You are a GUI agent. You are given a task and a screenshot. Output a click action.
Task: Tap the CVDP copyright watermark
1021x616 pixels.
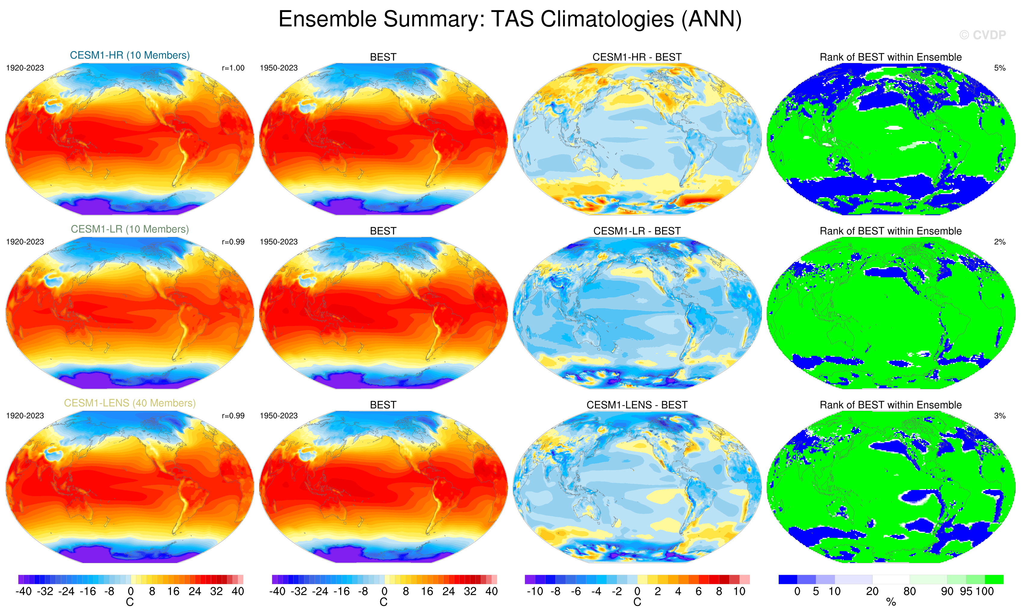coord(983,35)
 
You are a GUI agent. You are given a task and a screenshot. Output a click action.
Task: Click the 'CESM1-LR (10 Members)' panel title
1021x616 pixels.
coord(130,229)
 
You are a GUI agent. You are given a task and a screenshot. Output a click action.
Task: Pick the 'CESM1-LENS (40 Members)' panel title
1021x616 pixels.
coord(130,403)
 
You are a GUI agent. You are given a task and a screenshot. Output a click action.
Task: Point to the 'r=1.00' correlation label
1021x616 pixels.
coord(233,68)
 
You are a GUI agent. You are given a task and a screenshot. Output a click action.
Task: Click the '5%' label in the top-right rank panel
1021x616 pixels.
coord(999,68)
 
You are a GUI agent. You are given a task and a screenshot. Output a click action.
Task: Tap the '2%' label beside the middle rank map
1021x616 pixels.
coord(999,242)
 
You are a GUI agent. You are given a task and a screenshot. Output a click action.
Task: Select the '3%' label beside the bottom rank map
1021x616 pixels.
coord(999,416)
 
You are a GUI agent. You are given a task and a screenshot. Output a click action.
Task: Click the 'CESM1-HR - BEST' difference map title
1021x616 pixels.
coord(637,57)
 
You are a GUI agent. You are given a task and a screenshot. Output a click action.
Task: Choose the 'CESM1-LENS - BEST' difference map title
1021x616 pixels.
coord(637,405)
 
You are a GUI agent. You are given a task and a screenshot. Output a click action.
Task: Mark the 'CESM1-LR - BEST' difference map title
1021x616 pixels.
coord(637,231)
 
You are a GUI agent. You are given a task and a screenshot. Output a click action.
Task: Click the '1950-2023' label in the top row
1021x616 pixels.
coord(278,68)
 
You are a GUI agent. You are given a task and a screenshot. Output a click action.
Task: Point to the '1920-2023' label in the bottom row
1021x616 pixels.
coord(25,416)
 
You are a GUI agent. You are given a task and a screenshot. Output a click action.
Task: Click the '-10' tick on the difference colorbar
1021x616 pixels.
coord(534,592)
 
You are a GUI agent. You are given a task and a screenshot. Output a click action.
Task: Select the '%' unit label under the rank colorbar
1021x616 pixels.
coord(891,602)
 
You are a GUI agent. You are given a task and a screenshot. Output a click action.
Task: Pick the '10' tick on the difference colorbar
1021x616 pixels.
coord(739,592)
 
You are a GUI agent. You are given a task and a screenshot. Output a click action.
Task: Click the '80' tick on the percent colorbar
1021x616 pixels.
coord(909,592)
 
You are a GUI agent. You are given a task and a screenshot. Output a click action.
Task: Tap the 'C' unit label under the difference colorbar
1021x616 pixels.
coord(637,602)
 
